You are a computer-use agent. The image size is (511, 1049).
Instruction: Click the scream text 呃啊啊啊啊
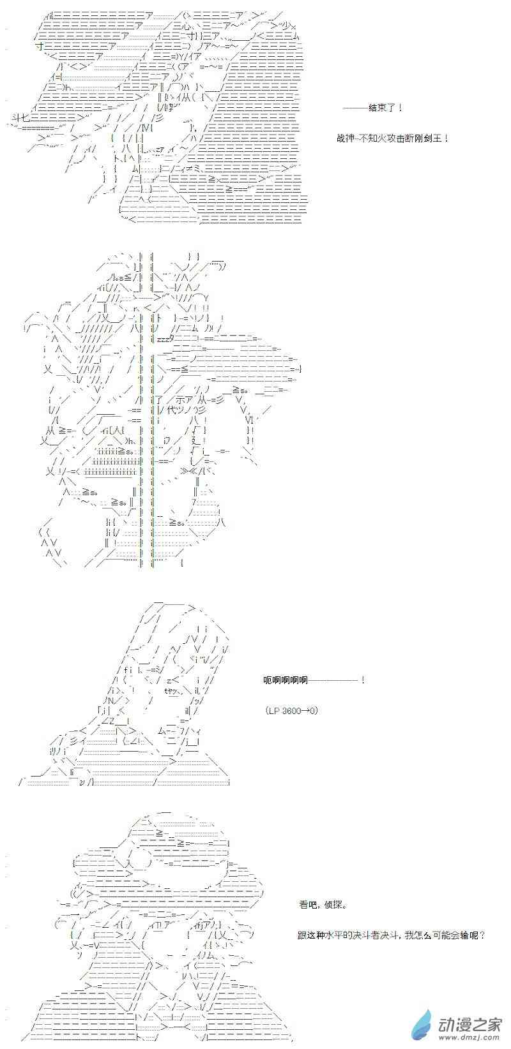tap(286, 680)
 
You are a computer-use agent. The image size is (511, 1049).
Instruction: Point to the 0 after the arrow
tap(314, 711)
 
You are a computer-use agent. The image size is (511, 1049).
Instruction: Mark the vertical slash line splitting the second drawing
tap(151, 408)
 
